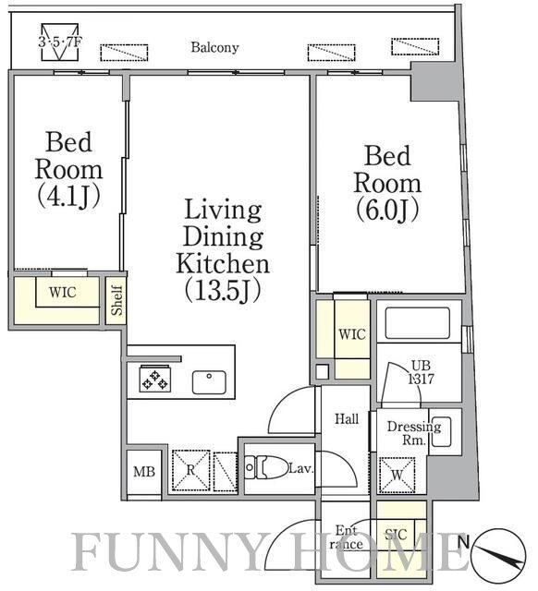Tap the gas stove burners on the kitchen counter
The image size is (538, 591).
pyautogui.click(x=154, y=379)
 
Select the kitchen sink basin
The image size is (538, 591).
pyautogui.click(x=209, y=382)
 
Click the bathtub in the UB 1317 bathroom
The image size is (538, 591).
pyautogui.click(x=417, y=323)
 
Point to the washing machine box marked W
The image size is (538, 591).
pyautogui.click(x=397, y=475)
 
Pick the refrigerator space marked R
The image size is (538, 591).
pyautogui.click(x=191, y=470)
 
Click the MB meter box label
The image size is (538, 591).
pyautogui.click(x=144, y=472)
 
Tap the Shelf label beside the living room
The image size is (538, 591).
pyautogui.click(x=117, y=300)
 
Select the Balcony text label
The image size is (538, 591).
pyautogui.click(x=214, y=47)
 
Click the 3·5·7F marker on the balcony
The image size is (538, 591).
pyautogui.click(x=59, y=42)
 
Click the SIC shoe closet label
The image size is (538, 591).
pyautogui.click(x=396, y=534)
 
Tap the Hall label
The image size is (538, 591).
pyautogui.click(x=347, y=418)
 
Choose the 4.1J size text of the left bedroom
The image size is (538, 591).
pyautogui.click(x=69, y=196)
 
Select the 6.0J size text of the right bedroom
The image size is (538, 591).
pyautogui.click(x=387, y=210)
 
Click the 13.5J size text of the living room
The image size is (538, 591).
pyautogui.click(x=223, y=292)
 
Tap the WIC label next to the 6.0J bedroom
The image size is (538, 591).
pyautogui.click(x=352, y=334)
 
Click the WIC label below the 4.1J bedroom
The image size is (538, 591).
pyautogui.click(x=63, y=292)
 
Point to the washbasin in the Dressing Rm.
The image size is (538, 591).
pyautogui.click(x=441, y=432)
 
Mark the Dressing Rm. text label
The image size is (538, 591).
pyautogui.click(x=414, y=433)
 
